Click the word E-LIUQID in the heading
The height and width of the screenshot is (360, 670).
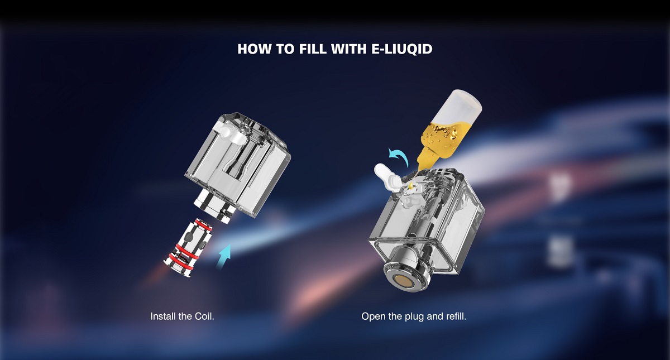401,49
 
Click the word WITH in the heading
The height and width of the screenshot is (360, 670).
349,49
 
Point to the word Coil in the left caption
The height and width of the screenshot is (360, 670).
204,316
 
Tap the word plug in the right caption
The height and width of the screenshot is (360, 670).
414,317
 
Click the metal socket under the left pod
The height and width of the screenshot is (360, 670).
213,205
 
